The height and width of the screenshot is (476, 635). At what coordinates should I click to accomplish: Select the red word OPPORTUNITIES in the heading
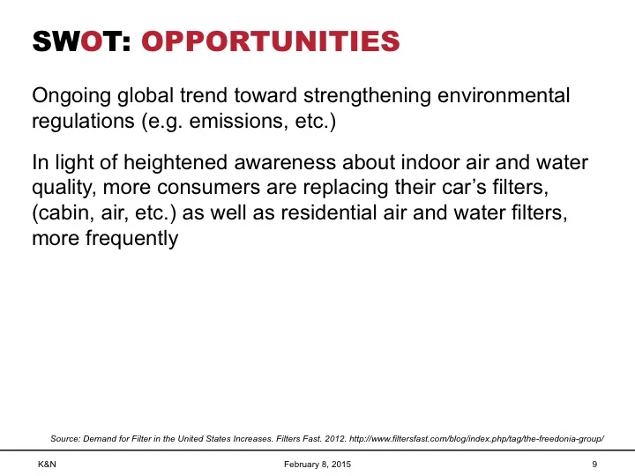click(270, 41)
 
